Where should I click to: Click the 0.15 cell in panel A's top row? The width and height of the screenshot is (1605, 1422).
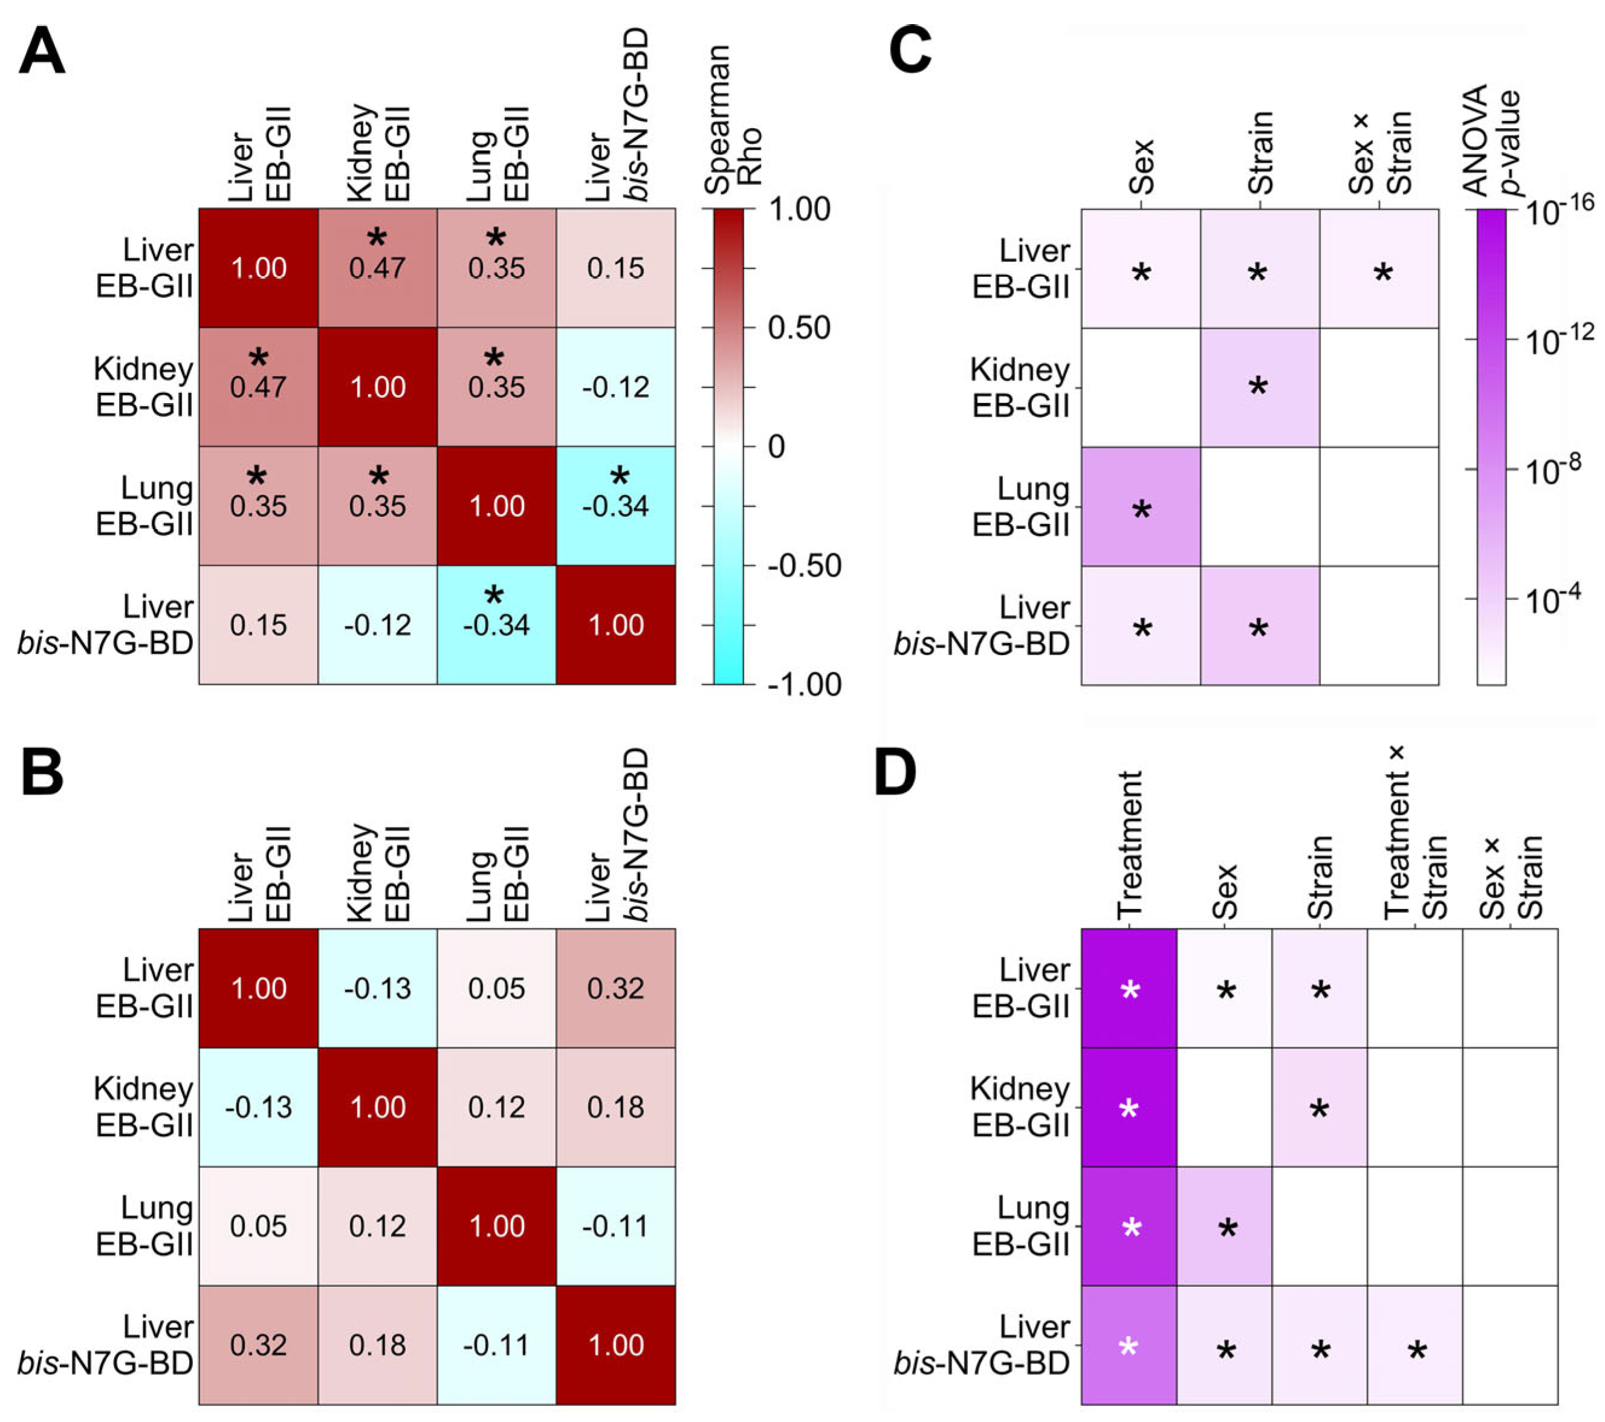pos(615,268)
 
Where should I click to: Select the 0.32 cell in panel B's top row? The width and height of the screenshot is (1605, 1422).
pos(615,987)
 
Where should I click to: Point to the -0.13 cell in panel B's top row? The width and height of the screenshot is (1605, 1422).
pos(378,987)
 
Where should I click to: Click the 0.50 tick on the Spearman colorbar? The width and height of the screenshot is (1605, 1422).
pos(799,328)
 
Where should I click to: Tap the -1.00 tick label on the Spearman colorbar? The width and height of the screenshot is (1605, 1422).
pos(804,684)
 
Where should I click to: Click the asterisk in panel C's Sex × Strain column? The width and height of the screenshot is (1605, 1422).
pos(1383,273)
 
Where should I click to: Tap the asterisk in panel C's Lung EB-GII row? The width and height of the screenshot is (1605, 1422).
pos(1142,511)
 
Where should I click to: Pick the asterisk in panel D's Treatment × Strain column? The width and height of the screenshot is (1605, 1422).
pos(1416,1351)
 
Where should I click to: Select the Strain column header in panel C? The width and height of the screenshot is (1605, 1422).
pos(1260,153)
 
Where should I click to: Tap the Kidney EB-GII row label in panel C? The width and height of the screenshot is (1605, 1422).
pos(1020,387)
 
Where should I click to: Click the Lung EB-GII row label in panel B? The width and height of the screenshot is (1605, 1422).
pos(144,1226)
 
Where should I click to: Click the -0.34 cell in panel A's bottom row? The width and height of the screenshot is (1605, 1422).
pos(496,625)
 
